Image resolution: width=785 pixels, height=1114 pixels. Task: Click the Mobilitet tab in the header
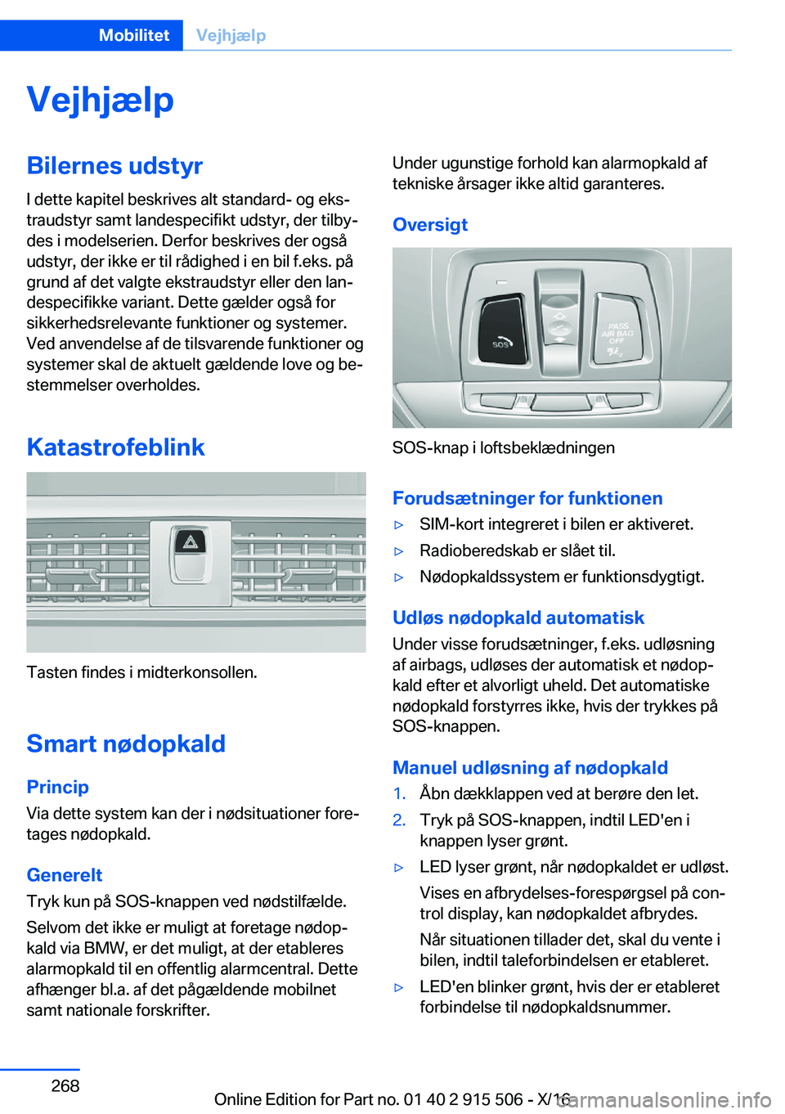click(133, 35)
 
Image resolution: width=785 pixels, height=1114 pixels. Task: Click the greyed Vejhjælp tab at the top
click(231, 35)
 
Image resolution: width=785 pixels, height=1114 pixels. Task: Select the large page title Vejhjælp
click(100, 100)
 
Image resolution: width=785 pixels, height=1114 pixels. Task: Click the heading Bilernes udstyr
click(114, 165)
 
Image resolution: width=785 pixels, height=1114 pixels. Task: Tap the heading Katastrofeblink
click(115, 447)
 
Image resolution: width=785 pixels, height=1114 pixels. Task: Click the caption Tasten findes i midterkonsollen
click(141, 672)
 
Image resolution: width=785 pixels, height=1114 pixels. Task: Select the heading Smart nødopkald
click(126, 743)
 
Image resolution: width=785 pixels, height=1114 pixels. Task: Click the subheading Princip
click(57, 787)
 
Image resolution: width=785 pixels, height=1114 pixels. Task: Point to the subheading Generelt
click(64, 875)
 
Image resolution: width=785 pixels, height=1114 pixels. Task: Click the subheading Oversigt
click(430, 225)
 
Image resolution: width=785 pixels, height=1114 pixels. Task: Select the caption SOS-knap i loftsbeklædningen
click(503, 448)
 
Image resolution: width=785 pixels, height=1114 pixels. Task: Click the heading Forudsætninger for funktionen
click(527, 498)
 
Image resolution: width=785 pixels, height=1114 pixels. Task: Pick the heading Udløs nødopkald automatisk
click(518, 618)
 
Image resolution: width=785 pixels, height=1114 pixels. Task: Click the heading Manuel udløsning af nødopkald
click(530, 768)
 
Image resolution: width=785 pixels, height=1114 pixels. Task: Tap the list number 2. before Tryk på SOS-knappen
click(399, 820)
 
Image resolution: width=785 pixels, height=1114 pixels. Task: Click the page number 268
click(65, 1086)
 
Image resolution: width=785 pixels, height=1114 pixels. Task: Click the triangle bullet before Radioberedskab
click(399, 551)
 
